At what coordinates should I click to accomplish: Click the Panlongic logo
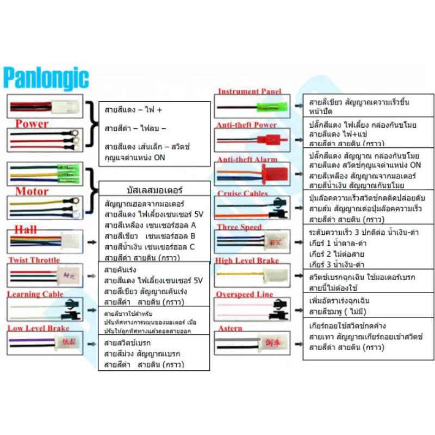[46, 78]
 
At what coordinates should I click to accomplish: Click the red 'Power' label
[32, 123]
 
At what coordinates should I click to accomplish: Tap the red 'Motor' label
[32, 191]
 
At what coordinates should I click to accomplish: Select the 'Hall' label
[26, 228]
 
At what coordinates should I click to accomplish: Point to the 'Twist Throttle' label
[34, 260]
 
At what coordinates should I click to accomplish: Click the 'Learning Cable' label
[35, 294]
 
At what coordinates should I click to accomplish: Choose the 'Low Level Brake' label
[38, 328]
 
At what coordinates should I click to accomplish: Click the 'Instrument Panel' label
[250, 91]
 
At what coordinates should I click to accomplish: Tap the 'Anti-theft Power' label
[246, 125]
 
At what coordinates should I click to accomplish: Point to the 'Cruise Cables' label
[243, 193]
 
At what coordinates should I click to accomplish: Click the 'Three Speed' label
[239, 227]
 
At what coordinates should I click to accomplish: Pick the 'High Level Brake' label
[247, 260]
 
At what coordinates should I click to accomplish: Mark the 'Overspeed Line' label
[244, 294]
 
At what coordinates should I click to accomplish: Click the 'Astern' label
[230, 328]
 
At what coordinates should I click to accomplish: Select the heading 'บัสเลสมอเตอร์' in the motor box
[154, 191]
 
